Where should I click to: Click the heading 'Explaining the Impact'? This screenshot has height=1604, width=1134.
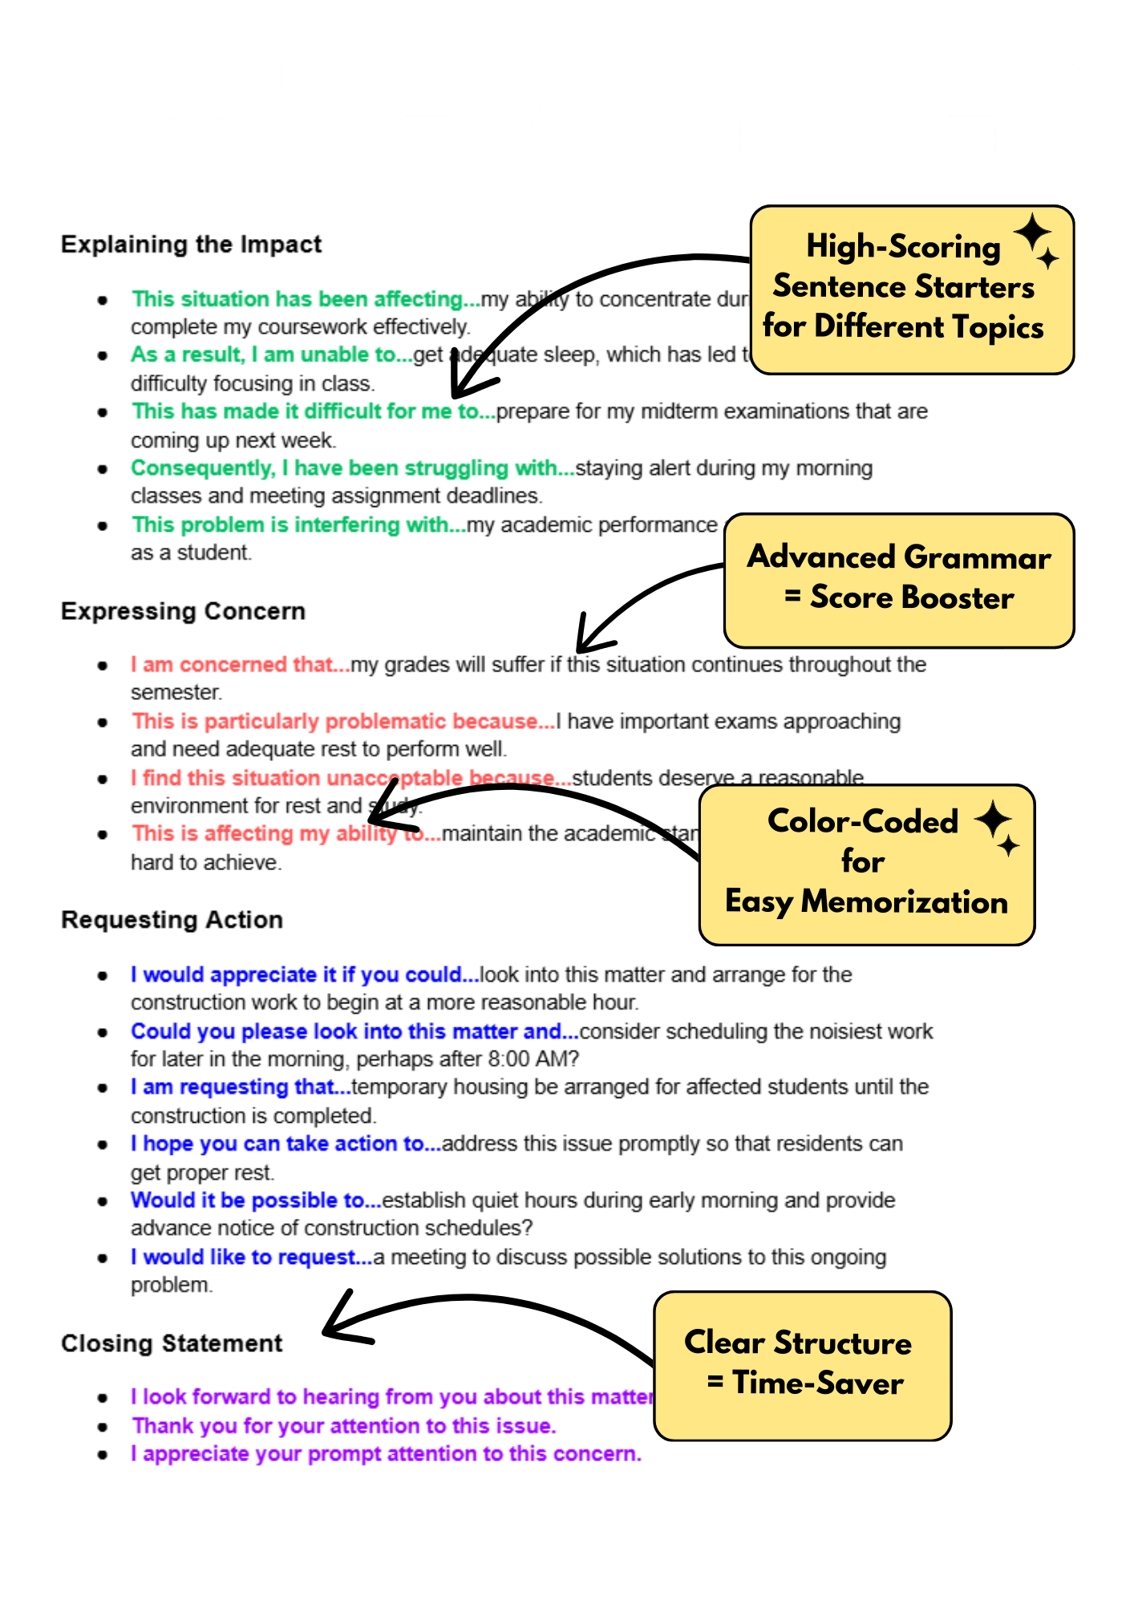pos(191,244)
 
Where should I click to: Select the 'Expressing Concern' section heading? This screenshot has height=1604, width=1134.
pos(183,611)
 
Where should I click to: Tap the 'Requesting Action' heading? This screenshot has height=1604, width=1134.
pos(172,919)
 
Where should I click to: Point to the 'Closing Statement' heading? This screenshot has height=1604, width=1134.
pos(172,1343)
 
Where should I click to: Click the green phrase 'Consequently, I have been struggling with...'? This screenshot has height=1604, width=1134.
pos(353,468)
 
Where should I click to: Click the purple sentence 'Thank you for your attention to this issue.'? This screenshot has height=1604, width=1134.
pos(344,1425)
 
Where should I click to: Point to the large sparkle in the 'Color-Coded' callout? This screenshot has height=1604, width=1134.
pos(993,819)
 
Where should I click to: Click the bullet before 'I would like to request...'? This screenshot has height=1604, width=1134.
pos(103,1258)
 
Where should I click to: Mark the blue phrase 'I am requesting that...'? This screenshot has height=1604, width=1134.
pos(241,1087)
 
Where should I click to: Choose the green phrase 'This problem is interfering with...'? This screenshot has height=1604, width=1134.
pos(298,525)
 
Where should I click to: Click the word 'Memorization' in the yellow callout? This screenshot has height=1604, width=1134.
pos(904,902)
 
